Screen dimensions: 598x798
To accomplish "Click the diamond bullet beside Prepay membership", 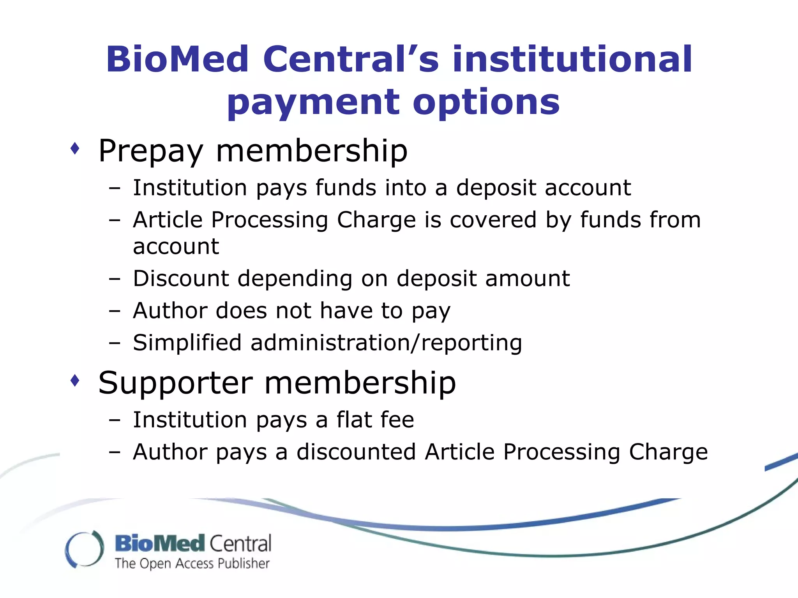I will point(75,148).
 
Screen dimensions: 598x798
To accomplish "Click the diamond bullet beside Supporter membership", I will point(75,380).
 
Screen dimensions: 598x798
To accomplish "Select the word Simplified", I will point(187,343).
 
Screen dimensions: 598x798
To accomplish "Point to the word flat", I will point(354,420).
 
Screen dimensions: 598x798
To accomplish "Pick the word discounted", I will point(356,452).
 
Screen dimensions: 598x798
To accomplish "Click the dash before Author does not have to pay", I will point(115,311).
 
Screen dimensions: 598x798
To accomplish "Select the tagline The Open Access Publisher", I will point(192,563).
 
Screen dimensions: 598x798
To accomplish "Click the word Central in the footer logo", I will point(240,543).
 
